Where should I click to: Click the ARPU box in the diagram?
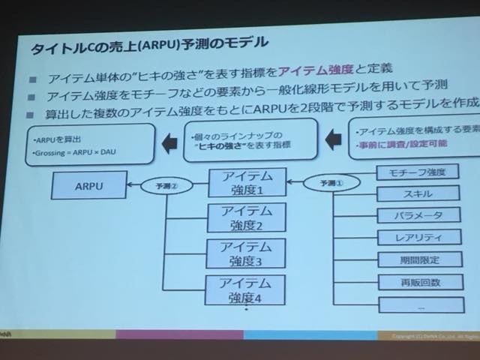coord(90,183)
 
